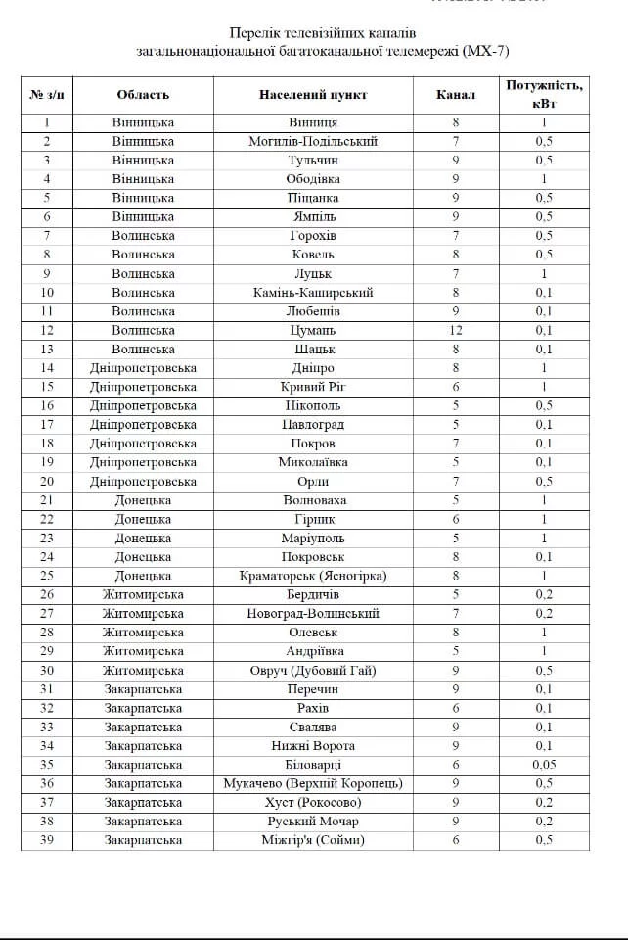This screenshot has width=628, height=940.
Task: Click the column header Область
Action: (x=143, y=94)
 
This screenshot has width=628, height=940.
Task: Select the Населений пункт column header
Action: (x=313, y=94)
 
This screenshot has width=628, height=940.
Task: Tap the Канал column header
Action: (x=455, y=94)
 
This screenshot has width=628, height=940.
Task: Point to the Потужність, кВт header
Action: (x=544, y=94)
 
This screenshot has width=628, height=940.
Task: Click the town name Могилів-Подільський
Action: (x=313, y=142)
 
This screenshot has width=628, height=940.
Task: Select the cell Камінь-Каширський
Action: (x=313, y=293)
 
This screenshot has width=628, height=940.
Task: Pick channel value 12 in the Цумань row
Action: (x=455, y=330)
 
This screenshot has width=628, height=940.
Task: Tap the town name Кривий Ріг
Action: (x=313, y=387)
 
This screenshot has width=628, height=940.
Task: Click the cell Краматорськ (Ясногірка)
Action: (x=313, y=576)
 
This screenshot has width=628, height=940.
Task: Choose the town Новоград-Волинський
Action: (x=313, y=614)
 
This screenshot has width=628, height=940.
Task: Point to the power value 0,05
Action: (x=544, y=765)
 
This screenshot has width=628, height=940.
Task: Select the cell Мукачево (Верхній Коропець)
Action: (x=313, y=783)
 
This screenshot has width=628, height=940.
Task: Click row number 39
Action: (x=47, y=840)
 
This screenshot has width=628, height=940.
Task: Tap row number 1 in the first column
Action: (x=47, y=122)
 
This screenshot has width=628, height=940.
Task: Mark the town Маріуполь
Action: (x=313, y=539)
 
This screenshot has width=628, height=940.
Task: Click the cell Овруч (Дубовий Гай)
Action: (x=313, y=671)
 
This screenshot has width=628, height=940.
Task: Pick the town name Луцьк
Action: (x=313, y=274)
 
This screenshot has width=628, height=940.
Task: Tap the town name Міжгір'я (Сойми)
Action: (x=313, y=840)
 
